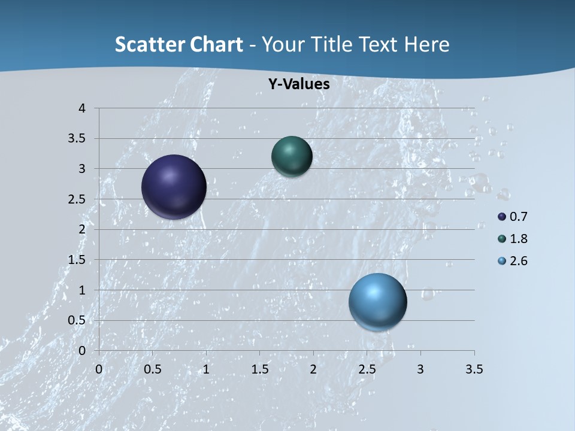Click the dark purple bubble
point(174,187)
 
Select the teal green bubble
point(292,156)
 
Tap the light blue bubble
point(377,302)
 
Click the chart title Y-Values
point(299,84)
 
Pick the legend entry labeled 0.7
point(513,217)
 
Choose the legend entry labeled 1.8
point(513,239)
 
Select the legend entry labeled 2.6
point(513,261)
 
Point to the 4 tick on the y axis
point(82,108)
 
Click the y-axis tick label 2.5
point(77,199)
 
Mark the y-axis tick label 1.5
point(77,260)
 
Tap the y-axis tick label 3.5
point(77,139)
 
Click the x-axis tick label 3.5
point(474,369)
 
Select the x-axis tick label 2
point(313,369)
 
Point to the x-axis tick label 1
point(206,369)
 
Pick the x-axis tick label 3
point(420,369)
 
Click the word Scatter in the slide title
point(149,44)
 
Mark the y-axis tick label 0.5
point(77,320)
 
